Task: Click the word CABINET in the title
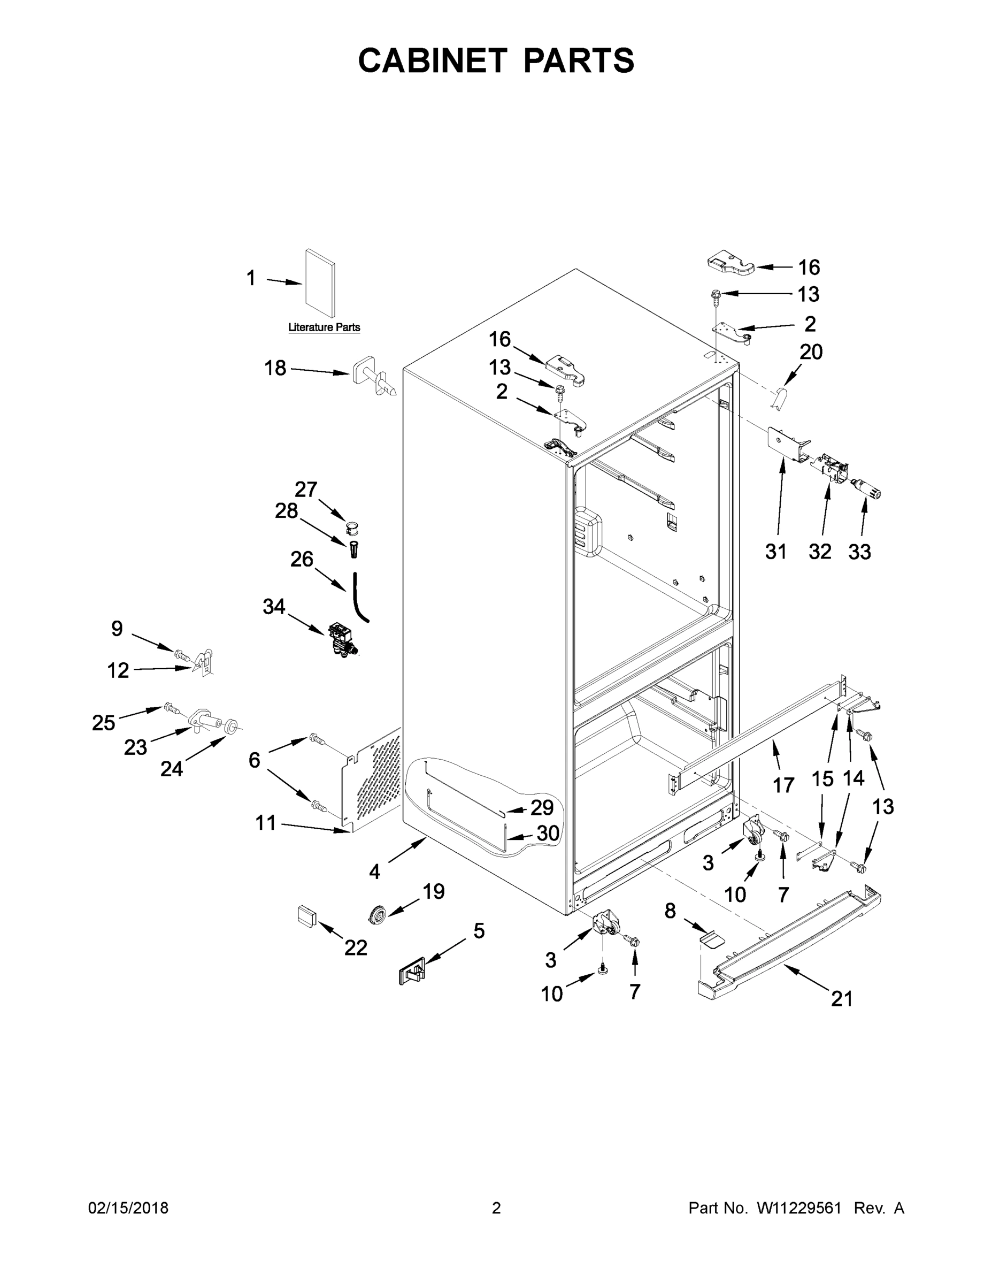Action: click(x=432, y=60)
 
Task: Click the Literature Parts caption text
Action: click(x=324, y=327)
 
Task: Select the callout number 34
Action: click(x=274, y=606)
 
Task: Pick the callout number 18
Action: click(x=275, y=368)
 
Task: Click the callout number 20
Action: click(x=811, y=351)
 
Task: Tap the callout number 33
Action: click(x=859, y=552)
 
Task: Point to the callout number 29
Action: click(x=542, y=807)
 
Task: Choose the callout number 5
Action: click(x=479, y=931)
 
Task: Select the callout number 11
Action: click(x=266, y=822)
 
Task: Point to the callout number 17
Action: click(x=783, y=785)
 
